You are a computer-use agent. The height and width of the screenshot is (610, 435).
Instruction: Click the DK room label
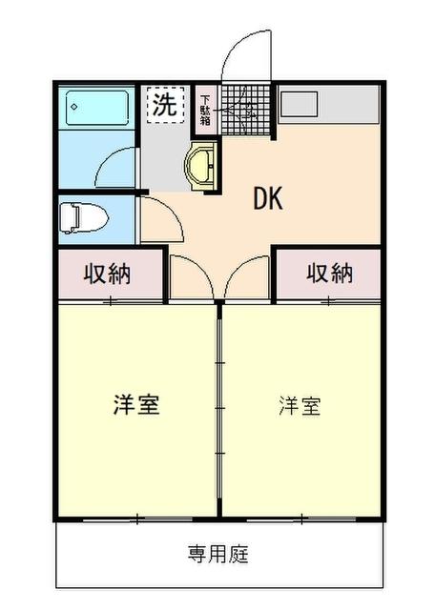[268, 197]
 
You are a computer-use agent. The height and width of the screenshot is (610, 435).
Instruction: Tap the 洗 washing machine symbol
[164, 105]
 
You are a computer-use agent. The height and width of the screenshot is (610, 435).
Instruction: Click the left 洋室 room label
[135, 403]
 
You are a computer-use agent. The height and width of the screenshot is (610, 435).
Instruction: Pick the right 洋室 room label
[299, 405]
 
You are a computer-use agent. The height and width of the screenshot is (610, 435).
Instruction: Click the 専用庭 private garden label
[217, 554]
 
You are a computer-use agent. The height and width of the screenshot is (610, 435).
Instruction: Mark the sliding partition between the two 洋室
[220, 410]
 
